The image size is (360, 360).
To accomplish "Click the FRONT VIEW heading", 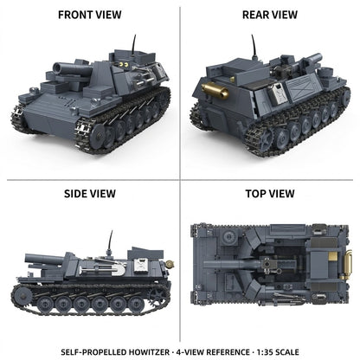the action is tap(90, 15).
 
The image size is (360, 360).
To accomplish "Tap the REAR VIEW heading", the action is tap(270, 15).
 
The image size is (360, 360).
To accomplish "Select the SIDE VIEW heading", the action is tap(90, 194).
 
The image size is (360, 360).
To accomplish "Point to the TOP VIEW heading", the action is tap(270, 194).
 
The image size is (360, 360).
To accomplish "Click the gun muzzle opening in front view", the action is tap(57, 68).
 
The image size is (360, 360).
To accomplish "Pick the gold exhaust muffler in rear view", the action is tap(215, 90).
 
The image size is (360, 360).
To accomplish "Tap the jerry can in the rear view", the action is tap(279, 93).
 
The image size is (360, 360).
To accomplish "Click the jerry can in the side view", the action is tap(141, 266).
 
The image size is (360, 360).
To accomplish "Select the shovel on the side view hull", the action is tap(102, 270).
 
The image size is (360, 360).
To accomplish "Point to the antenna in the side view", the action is tap(110, 241).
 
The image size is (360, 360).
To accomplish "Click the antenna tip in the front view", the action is tap(135, 35).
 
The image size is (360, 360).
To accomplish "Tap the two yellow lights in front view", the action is tap(124, 64).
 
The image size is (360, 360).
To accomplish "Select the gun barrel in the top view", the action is tap(232, 264).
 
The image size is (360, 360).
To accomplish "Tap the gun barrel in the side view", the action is tap(45, 259).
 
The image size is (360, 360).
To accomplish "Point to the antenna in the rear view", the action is tap(254, 47).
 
